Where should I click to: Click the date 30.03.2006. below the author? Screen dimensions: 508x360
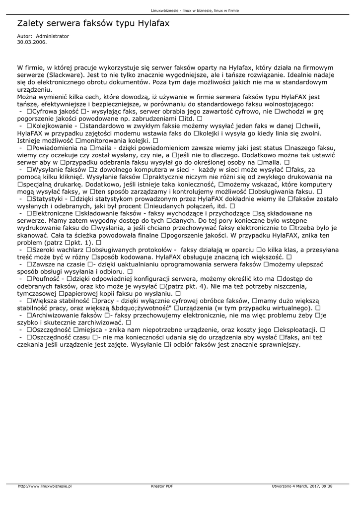32,42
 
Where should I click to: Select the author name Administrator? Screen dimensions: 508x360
53,36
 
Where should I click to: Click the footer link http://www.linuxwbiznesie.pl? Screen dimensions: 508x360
45,486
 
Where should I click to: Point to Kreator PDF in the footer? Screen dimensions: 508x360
162,486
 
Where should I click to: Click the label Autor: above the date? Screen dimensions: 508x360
24,36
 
